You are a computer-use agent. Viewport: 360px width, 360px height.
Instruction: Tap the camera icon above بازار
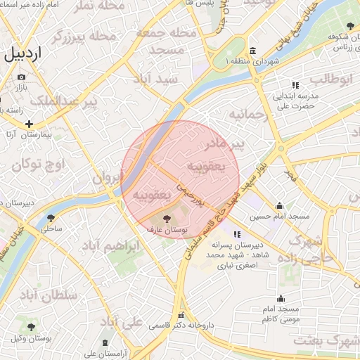22,77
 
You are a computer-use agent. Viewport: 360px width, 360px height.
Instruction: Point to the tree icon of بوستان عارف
166,219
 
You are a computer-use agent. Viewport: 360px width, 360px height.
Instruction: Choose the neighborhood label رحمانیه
250,114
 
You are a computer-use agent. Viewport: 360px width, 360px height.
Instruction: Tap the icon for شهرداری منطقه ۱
252,50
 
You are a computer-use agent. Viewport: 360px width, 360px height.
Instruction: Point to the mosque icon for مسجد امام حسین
280,206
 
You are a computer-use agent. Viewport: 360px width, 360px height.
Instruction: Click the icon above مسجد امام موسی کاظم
281,298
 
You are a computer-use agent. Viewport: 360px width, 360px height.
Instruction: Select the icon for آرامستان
105,342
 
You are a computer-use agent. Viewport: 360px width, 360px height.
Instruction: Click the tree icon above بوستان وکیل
31,327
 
